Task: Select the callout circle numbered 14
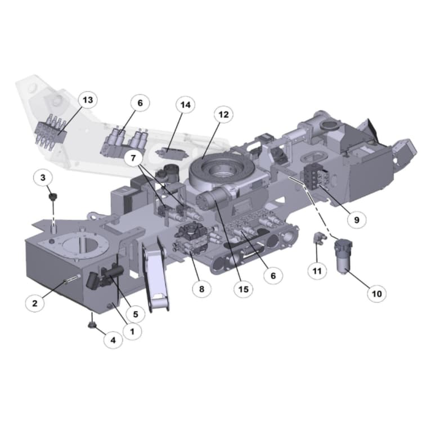click(186, 105)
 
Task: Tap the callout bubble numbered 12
click(223, 115)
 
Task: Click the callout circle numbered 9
click(356, 219)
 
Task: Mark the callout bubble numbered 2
click(35, 303)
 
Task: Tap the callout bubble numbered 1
click(132, 331)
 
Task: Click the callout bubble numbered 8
click(201, 290)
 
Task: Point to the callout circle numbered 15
click(243, 289)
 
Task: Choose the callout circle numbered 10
click(376, 293)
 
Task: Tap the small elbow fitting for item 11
click(318, 238)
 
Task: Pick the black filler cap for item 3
click(53, 197)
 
